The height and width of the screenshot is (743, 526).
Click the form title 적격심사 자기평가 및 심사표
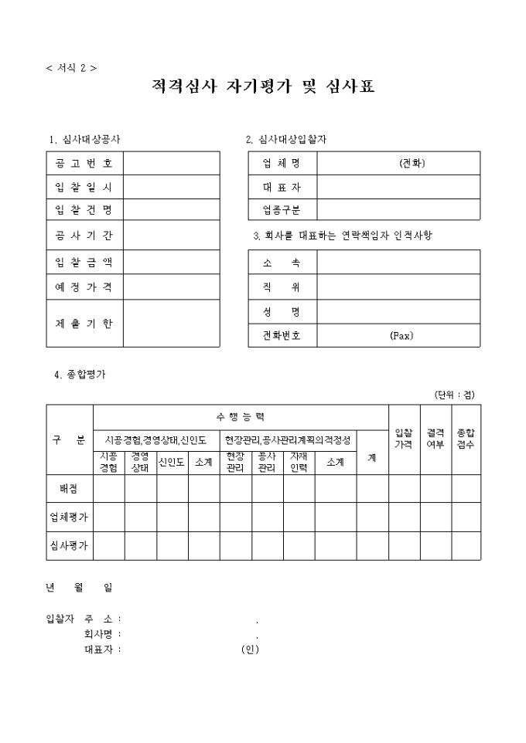[263, 87]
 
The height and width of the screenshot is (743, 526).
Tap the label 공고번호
[84, 163]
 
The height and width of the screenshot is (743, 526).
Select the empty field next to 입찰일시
[171, 187]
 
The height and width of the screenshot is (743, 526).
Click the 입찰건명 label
[84, 210]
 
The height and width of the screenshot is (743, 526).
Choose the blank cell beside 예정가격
[171, 287]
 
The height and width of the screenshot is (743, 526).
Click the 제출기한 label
[84, 323]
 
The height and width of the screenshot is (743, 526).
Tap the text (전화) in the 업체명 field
[412, 163]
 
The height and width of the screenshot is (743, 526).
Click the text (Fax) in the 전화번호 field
[402, 336]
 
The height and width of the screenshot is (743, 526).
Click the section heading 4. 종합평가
[80, 375]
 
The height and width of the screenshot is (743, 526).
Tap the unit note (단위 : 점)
[455, 394]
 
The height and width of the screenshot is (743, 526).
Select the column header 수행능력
[241, 416]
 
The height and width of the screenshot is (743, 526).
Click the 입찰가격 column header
[404, 439]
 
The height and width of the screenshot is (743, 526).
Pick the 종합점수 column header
[466, 439]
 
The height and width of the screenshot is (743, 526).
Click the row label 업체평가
[69, 517]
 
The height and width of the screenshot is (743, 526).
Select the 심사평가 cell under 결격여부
[435, 545]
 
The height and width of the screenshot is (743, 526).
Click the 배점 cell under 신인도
[172, 488]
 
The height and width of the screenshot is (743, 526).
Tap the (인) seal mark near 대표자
[250, 649]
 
